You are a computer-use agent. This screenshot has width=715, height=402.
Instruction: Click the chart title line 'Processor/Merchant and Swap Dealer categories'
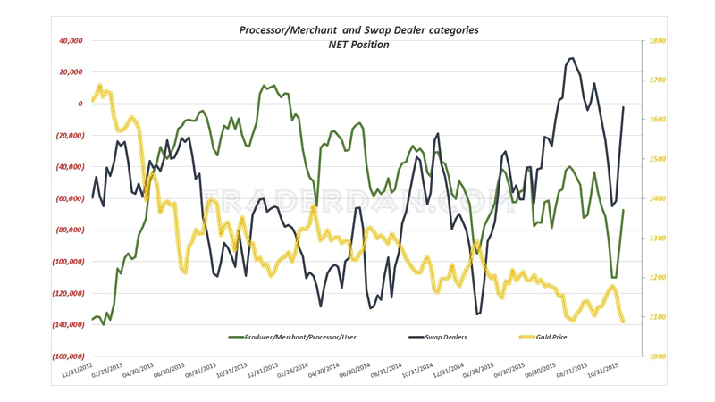[358, 29]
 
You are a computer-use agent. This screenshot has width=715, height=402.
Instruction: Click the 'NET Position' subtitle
[358, 45]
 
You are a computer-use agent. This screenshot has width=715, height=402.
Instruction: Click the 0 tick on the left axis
[80, 104]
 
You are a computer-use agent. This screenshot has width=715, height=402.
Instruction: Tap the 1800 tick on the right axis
[659, 40]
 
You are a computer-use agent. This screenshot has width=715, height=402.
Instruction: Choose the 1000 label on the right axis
[659, 356]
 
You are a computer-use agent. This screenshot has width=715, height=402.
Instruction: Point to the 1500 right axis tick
[659, 159]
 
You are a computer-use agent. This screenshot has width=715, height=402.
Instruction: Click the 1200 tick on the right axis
[659, 278]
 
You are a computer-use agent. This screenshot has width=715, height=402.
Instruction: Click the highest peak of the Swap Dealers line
[571, 58]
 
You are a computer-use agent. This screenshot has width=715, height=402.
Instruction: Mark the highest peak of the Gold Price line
[98, 86]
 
